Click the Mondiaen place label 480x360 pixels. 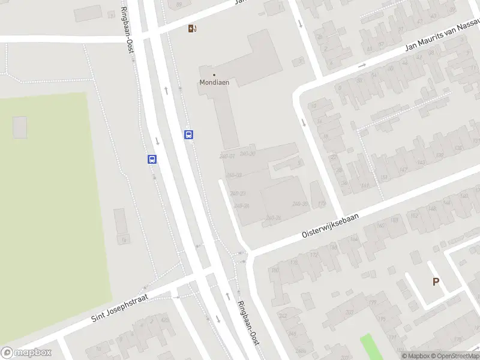214,83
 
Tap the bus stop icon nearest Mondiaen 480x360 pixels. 188,134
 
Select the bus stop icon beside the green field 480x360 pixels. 152,159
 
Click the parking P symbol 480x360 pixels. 436,281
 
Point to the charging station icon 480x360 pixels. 192,28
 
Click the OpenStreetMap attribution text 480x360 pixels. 457,356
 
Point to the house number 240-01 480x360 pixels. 227,157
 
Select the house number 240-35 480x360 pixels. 300,204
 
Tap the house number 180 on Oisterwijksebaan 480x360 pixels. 275,270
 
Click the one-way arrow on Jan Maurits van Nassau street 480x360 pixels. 362,65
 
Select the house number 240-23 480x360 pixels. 238,193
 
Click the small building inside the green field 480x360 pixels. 20,127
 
